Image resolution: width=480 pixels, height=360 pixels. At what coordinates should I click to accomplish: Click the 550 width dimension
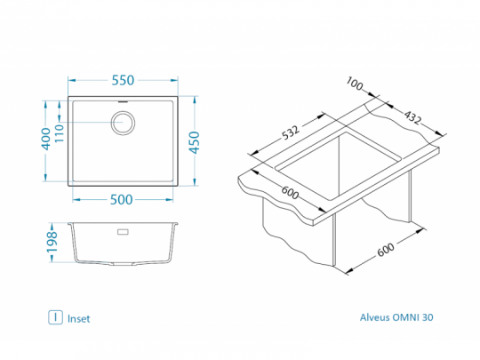(123, 80)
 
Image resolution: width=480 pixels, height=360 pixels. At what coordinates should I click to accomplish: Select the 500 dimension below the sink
(122, 200)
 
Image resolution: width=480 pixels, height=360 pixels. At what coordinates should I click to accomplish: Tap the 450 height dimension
(195, 142)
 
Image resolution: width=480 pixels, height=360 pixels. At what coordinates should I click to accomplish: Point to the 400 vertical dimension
(46, 139)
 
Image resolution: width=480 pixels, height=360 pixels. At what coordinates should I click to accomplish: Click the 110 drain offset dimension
(59, 132)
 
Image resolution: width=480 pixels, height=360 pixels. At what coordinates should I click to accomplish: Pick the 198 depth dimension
(52, 242)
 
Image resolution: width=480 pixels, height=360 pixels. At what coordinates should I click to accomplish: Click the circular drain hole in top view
(123, 123)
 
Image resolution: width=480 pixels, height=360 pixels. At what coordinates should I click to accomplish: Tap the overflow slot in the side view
(123, 232)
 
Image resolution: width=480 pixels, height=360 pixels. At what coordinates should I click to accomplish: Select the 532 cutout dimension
(290, 132)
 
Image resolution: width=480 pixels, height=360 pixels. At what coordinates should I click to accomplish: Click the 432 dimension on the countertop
(413, 117)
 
